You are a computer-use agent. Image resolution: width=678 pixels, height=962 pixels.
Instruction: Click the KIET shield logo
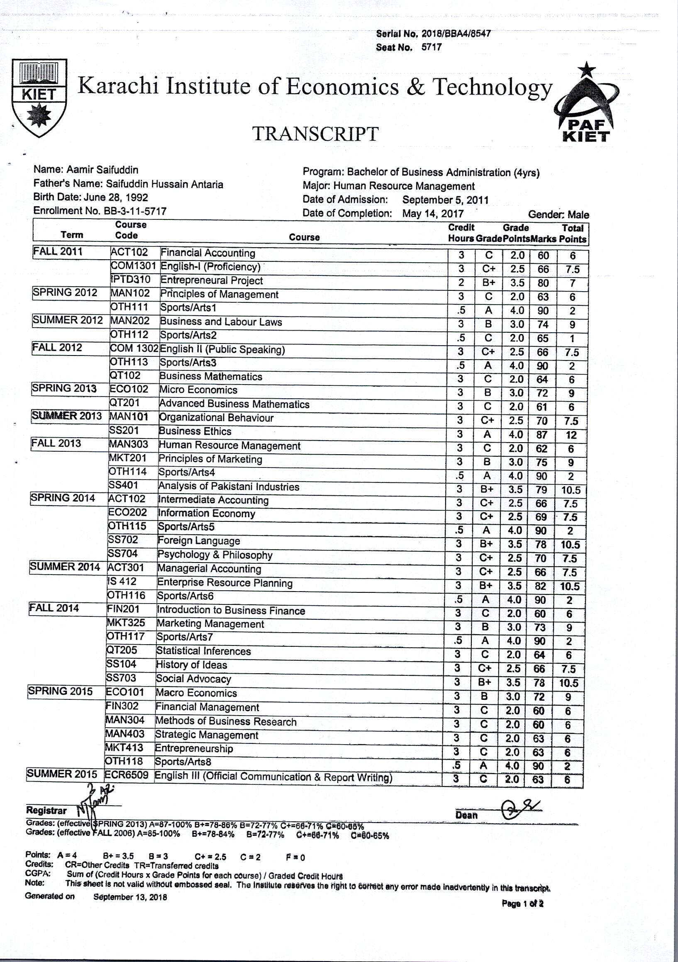click(x=39, y=98)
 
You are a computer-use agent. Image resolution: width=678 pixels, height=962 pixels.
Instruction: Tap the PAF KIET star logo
click(x=587, y=105)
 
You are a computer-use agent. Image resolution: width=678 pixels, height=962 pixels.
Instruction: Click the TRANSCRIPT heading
click(x=315, y=134)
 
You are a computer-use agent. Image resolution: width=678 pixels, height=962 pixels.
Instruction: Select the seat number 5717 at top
click(x=431, y=47)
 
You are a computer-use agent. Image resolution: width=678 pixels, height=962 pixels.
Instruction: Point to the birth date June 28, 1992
click(x=116, y=197)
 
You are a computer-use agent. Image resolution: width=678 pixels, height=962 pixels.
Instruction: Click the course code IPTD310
click(x=130, y=280)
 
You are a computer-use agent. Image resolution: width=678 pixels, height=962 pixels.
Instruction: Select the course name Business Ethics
click(x=195, y=431)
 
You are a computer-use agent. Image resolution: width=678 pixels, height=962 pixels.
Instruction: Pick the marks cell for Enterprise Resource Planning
click(x=540, y=586)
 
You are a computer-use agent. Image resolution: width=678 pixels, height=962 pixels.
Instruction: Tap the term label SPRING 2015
click(x=60, y=692)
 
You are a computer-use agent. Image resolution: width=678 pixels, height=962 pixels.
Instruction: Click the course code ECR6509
click(x=127, y=775)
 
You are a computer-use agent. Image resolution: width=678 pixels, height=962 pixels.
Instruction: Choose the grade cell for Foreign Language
click(x=486, y=544)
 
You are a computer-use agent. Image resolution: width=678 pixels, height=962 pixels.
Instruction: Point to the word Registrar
click(x=46, y=810)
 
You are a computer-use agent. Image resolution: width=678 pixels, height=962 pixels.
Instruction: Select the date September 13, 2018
click(x=130, y=897)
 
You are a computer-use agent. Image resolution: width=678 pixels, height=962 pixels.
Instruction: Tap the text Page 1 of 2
click(x=522, y=904)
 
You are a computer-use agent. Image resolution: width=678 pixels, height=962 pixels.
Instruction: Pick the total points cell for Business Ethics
click(x=571, y=435)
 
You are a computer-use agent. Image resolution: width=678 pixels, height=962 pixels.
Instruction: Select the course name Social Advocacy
click(x=193, y=679)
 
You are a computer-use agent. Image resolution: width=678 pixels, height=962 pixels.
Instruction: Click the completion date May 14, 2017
click(x=433, y=214)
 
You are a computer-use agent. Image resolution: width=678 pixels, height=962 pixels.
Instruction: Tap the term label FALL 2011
click(x=58, y=252)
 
